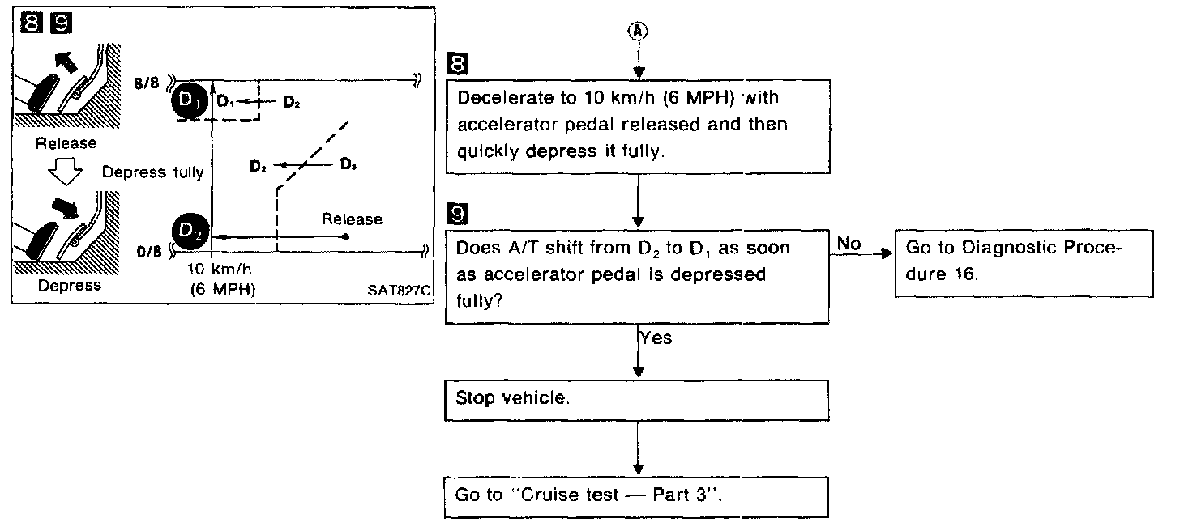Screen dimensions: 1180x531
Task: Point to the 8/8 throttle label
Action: click(x=151, y=83)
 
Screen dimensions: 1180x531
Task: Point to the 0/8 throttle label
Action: click(x=152, y=253)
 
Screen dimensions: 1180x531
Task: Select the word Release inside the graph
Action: click(x=352, y=219)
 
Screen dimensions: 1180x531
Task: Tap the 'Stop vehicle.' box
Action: click(x=637, y=400)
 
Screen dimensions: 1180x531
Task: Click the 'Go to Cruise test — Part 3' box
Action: click(x=637, y=495)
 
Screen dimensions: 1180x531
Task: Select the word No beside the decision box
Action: click(x=849, y=243)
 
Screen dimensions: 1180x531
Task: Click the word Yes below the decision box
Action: click(x=656, y=338)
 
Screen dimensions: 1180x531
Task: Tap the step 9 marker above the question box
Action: click(x=457, y=215)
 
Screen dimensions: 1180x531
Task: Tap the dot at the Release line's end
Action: click(x=346, y=237)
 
